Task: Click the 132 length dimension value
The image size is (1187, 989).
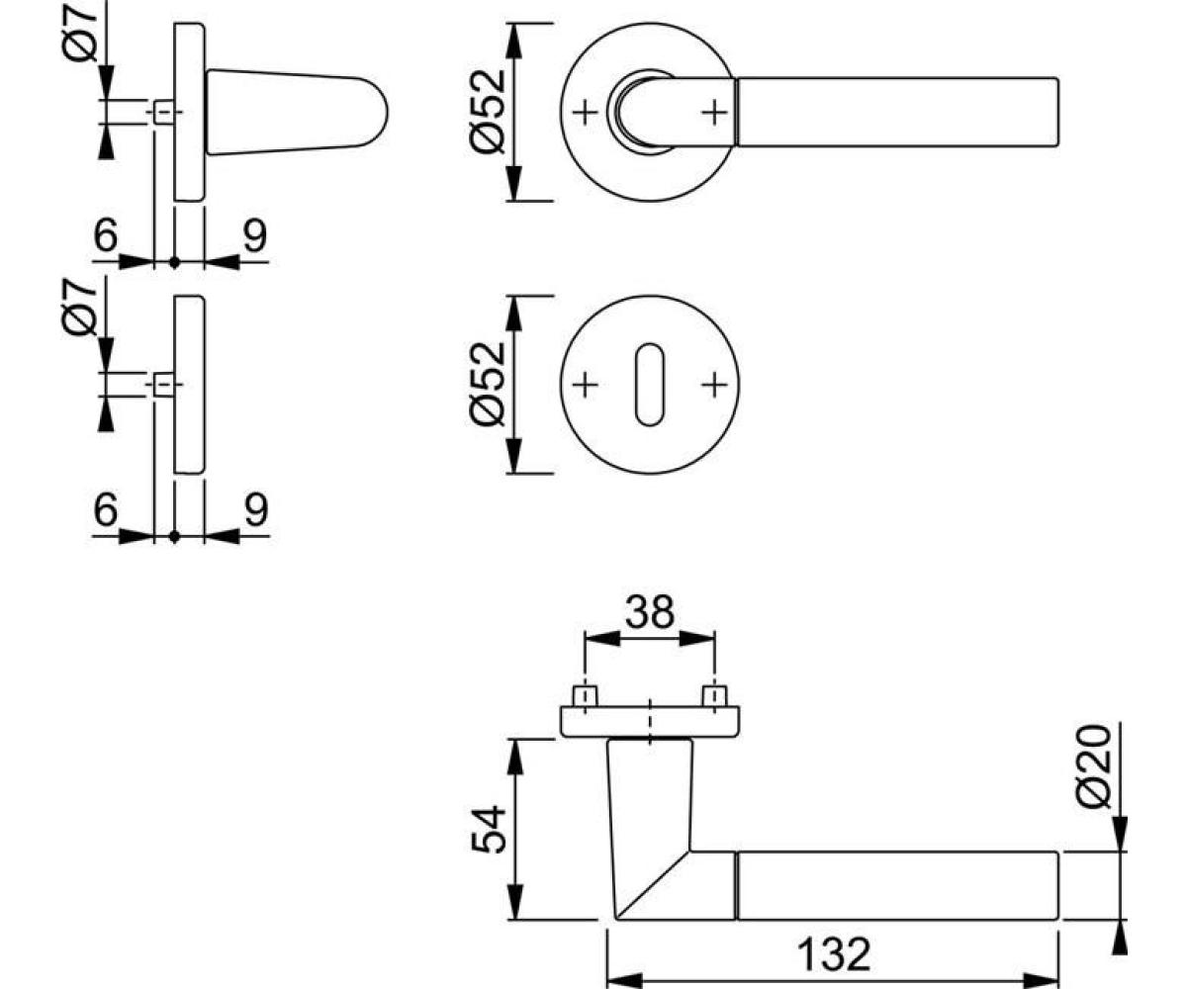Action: point(834,955)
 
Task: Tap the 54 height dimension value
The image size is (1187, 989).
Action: point(489,829)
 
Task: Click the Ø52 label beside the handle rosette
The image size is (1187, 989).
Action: point(488,112)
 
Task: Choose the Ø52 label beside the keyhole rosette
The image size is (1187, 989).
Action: point(488,384)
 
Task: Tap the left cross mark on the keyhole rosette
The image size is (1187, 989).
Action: point(585,386)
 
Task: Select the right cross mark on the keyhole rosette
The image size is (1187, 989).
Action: point(714,386)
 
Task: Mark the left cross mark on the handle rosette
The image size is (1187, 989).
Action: point(585,113)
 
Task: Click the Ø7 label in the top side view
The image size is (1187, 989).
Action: point(80,33)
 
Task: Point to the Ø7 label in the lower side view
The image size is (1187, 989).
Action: point(80,306)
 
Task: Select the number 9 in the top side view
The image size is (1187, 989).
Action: point(255,235)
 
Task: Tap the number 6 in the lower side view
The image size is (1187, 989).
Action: point(106,508)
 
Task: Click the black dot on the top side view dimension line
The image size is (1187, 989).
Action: point(174,262)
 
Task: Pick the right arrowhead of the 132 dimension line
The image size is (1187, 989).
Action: point(1042,980)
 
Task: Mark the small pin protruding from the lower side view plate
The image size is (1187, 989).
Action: point(164,385)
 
